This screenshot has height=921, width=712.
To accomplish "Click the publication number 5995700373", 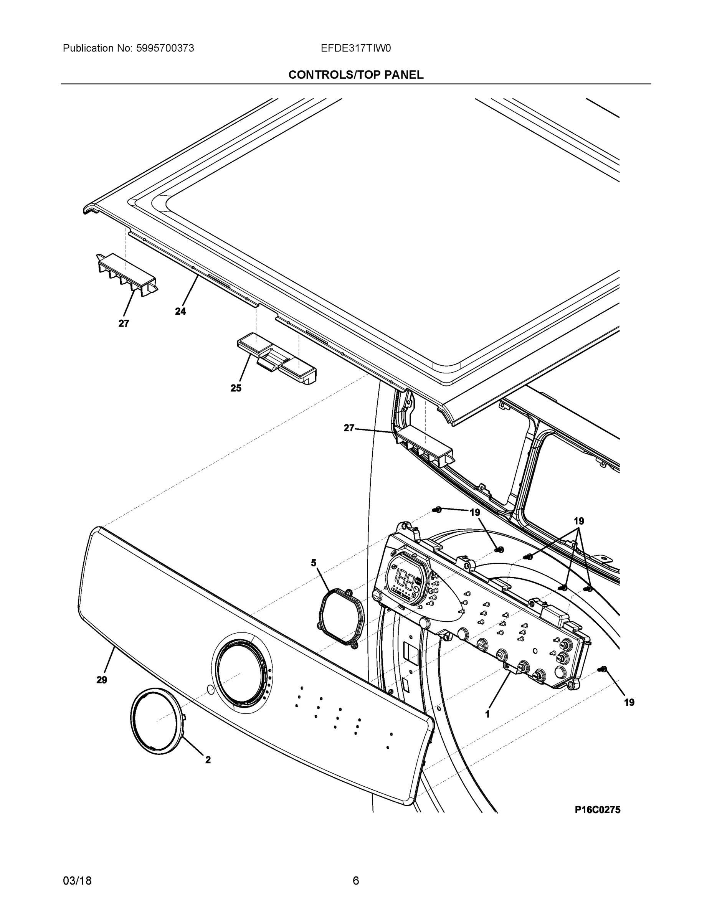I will pos(165,48).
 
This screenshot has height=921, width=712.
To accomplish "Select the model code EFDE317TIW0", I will pos(355,48).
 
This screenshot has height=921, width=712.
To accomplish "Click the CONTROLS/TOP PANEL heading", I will pos(355,75).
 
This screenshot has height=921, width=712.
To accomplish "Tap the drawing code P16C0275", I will pos(597,810).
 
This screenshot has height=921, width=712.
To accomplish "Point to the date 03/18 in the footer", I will pos(77,881).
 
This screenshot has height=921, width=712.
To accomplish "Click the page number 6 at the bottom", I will pos(355,881).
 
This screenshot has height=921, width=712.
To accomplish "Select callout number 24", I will pos(180,311).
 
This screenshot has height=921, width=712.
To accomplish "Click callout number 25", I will pos(236,388).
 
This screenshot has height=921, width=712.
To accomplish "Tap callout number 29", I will pos(102,680).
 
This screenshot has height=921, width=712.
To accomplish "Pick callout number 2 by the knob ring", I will pos(208,760).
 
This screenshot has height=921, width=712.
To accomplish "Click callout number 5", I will pos(314,563).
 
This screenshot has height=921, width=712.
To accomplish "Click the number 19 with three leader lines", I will pos(579,521).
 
